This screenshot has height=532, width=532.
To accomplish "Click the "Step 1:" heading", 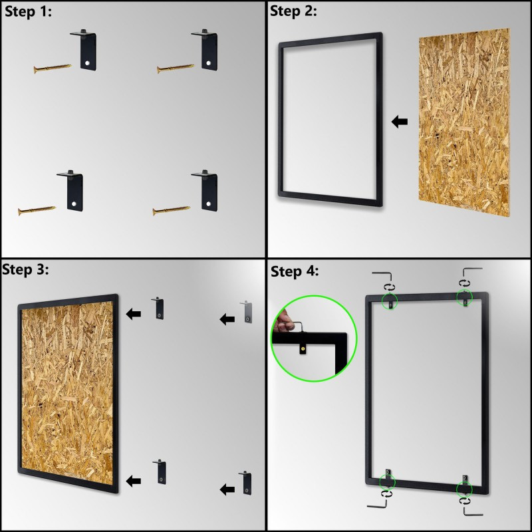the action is pyautogui.click(x=28, y=12).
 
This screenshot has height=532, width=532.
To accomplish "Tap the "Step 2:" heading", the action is pyautogui.click(x=293, y=11).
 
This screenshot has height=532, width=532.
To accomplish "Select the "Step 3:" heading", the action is pyautogui.click(x=25, y=270).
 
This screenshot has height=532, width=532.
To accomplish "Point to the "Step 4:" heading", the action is pyautogui.click(x=295, y=271).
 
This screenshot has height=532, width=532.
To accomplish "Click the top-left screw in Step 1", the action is pyautogui.click(x=53, y=68).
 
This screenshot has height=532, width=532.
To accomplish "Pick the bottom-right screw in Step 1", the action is pyautogui.click(x=172, y=211).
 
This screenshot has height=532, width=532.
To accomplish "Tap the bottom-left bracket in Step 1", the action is pyautogui.click(x=70, y=190).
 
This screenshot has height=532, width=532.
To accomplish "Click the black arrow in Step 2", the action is pyautogui.click(x=400, y=122).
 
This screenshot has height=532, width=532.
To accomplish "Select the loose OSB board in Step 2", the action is pyautogui.click(x=464, y=122).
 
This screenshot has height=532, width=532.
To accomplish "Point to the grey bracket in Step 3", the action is pyautogui.click(x=246, y=312).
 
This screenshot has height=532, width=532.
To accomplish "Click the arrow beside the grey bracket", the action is pyautogui.click(x=227, y=319).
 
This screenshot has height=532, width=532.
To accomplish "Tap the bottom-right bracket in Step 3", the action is pyautogui.click(x=245, y=483).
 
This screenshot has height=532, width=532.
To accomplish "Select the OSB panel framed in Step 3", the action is pyautogui.click(x=68, y=393).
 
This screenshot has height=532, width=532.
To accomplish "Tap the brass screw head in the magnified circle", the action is pyautogui.click(x=303, y=347).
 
